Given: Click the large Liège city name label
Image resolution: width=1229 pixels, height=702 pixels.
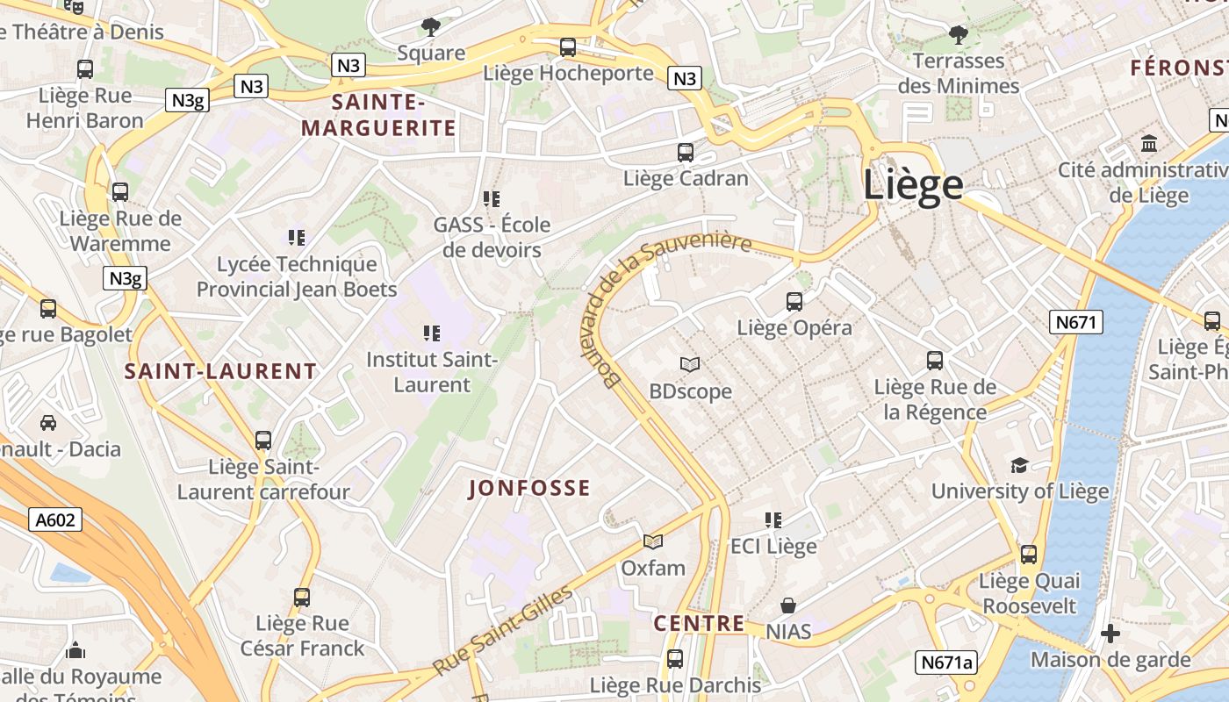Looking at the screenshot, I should click(913, 185).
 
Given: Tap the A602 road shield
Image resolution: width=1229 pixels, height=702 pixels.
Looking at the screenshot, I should click(54, 519).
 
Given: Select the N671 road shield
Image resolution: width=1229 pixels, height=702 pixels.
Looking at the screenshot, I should click(1076, 322).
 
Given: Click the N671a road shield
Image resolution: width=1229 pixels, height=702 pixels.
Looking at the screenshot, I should click(946, 662).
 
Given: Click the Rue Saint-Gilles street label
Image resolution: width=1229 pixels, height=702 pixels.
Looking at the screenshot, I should click(502, 632).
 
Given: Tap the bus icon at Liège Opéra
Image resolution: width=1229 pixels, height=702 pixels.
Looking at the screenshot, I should click(794, 302).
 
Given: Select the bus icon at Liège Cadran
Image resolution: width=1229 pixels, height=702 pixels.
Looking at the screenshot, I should click(686, 152).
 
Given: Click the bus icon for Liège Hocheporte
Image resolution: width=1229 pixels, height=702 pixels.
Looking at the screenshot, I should click(568, 47).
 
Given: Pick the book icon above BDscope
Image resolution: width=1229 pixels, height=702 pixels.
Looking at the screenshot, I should click(690, 364).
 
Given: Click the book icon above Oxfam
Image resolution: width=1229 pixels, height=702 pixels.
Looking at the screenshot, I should click(652, 541).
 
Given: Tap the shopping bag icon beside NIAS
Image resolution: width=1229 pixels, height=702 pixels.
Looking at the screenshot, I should click(788, 605).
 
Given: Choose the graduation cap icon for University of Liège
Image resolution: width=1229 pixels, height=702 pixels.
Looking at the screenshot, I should click(1019, 465).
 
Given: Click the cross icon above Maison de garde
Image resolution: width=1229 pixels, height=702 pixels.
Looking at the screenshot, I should click(1110, 634).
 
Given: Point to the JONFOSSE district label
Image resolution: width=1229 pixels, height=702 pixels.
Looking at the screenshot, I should click(529, 489).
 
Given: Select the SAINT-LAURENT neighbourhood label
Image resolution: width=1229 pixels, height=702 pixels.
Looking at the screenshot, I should click(220, 371).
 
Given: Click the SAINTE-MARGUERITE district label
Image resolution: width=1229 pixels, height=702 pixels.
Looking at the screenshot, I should click(378, 115).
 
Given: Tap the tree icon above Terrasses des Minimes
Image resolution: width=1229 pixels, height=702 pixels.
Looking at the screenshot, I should click(958, 35).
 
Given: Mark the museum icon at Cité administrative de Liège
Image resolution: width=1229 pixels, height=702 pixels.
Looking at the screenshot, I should click(1148, 143).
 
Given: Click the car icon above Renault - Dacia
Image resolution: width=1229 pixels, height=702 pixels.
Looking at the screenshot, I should click(48, 423).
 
